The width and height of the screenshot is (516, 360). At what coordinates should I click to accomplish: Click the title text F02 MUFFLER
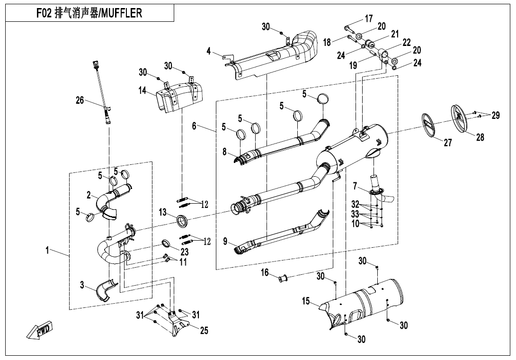coord(89,13)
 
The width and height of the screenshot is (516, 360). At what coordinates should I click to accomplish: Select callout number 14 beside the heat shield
coord(142,90)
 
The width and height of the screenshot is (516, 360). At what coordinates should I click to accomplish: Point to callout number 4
coord(209,51)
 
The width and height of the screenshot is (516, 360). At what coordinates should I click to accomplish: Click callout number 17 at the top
coord(369,19)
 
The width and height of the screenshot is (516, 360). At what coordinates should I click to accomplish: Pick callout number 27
coord(448,143)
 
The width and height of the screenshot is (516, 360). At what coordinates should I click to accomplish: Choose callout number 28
coord(480,137)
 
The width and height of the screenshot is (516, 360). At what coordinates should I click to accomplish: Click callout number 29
coord(495,115)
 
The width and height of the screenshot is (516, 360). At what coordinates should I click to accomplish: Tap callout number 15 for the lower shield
coord(307,300)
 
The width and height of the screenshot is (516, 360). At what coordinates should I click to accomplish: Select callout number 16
coord(265,272)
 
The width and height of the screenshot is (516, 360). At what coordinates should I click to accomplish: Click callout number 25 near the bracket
coord(204,331)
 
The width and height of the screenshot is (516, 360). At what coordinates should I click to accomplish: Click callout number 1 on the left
coord(47,251)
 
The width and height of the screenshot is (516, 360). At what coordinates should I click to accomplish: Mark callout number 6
coord(194,126)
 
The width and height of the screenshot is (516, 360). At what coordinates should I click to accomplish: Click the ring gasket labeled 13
coord(182,220)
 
